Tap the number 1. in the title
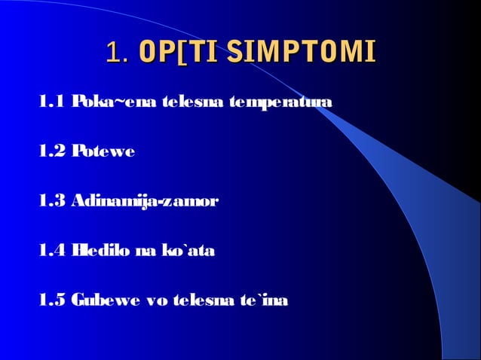click(x=117, y=53)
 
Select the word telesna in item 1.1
click(x=188, y=102)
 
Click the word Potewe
click(x=103, y=151)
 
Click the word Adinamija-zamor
click(x=146, y=201)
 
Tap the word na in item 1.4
click(x=145, y=251)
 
